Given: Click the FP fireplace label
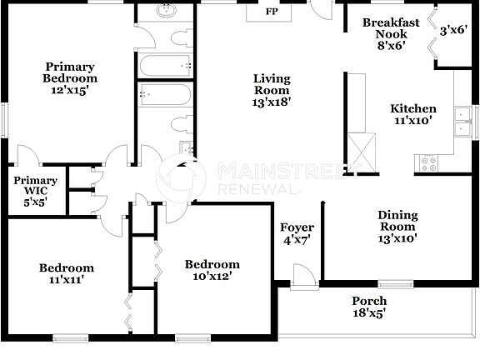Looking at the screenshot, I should pyautogui.click(x=272, y=12).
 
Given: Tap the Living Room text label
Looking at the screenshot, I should pyautogui.click(x=272, y=90).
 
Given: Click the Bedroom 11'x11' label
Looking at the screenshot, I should pyautogui.click(x=67, y=274).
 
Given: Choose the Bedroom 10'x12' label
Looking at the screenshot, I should pyautogui.click(x=212, y=270).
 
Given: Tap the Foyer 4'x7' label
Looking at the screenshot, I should pyautogui.click(x=297, y=234).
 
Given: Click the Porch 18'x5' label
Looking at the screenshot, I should pyautogui.click(x=368, y=307).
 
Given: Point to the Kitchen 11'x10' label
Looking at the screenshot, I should pyautogui.click(x=413, y=115).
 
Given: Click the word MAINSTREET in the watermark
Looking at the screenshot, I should pyautogui.click(x=268, y=171).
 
